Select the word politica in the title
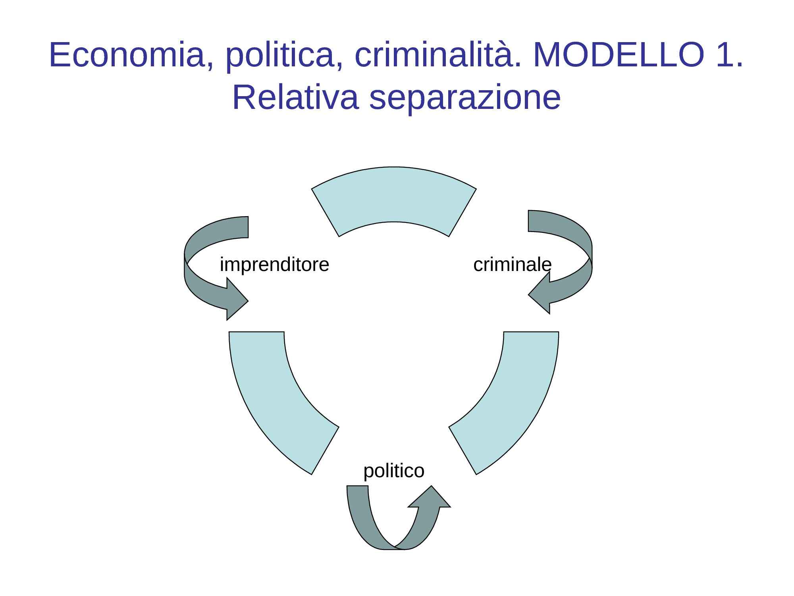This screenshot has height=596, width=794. (x=279, y=55)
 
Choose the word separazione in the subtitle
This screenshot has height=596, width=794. (x=465, y=98)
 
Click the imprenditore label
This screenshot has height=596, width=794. (x=274, y=265)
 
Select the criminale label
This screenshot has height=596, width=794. (x=512, y=265)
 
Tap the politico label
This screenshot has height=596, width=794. (x=394, y=471)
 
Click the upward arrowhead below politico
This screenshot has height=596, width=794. (x=430, y=499)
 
